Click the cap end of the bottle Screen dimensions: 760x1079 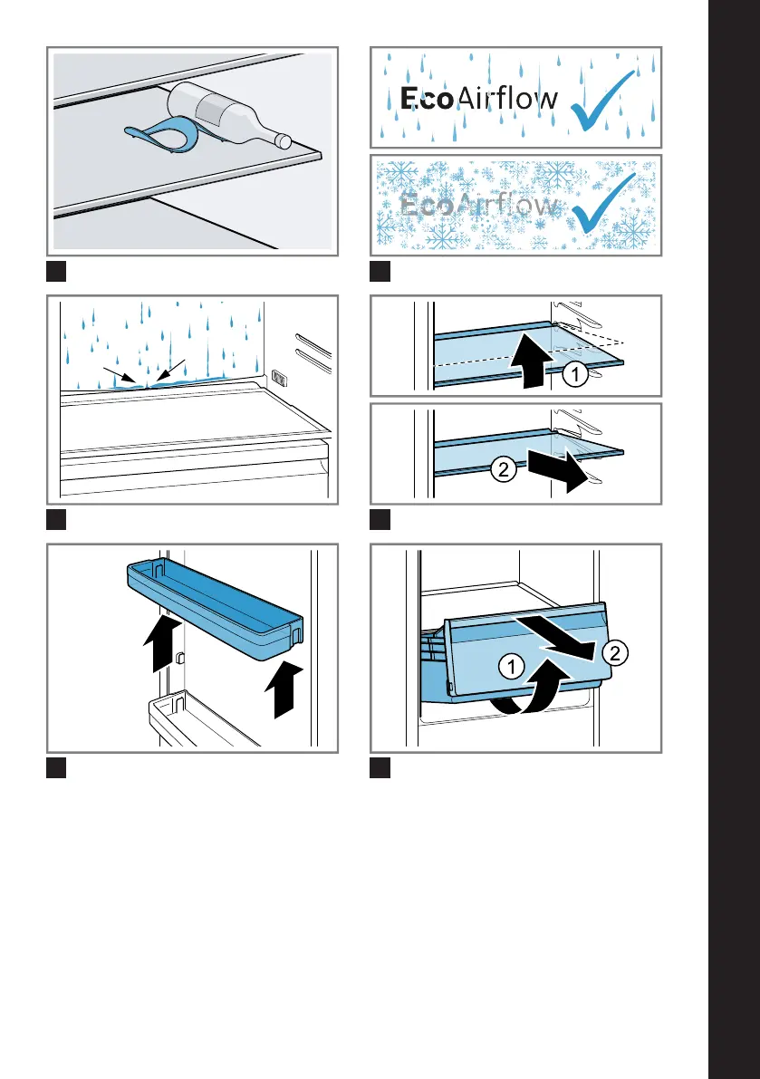pyautogui.click(x=283, y=140)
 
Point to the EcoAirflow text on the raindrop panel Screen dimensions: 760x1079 pyautogui.click(x=478, y=99)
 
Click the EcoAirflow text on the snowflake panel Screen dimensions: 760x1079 pyautogui.click(x=478, y=205)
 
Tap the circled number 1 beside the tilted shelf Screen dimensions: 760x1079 pyautogui.click(x=575, y=374)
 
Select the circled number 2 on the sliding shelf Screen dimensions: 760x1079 pyautogui.click(x=504, y=469)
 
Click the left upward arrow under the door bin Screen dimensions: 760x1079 pyautogui.click(x=162, y=643)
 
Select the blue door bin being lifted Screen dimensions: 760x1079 pyautogui.click(x=216, y=608)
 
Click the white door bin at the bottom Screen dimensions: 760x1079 pyautogui.click(x=199, y=720)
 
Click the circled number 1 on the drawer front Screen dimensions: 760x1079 pyautogui.click(x=511, y=666)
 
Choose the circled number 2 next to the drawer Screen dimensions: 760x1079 pyautogui.click(x=615, y=652)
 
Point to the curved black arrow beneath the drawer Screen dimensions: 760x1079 pyautogui.click(x=533, y=689)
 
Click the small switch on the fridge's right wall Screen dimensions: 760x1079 pyautogui.click(x=279, y=376)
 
